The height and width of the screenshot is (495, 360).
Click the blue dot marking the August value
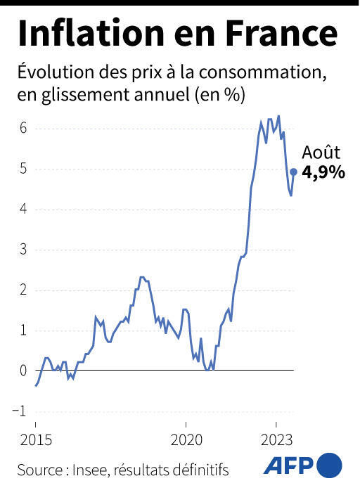point(293,172)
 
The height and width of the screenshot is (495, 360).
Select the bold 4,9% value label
point(323,172)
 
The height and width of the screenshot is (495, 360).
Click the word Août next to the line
point(321,152)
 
